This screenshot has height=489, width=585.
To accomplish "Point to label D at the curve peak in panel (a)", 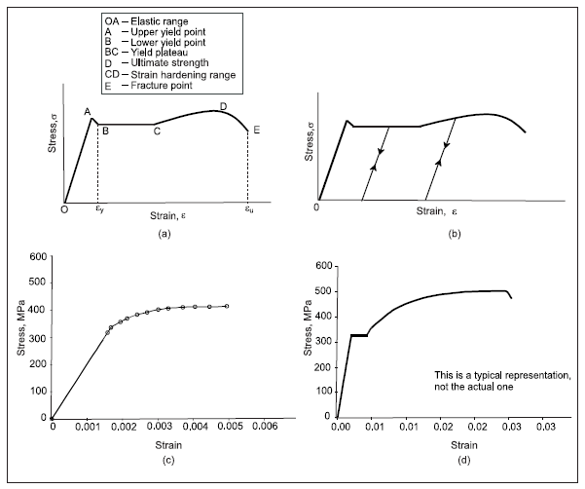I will [x=223, y=105].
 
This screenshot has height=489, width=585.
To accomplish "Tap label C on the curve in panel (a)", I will [x=157, y=132].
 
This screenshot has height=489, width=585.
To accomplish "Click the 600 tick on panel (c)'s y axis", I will [x=38, y=257].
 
